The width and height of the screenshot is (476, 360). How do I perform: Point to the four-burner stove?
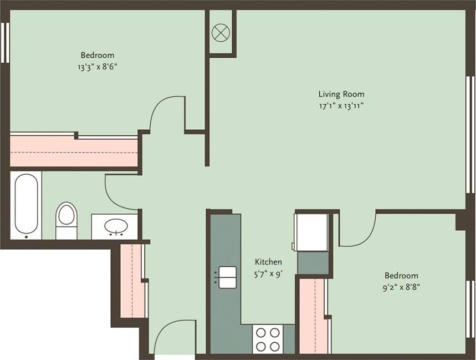pyautogui.click(x=268, y=339)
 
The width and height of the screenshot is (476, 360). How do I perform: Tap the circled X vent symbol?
pyautogui.click(x=221, y=32)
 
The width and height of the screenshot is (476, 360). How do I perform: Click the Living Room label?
pyautogui.click(x=341, y=94)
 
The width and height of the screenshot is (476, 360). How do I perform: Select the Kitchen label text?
pyautogui.click(x=268, y=262)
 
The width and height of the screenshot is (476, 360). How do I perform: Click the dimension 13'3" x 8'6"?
pyautogui.click(x=98, y=66)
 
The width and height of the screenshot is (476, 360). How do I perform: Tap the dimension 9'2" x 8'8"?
pyautogui.click(x=401, y=287)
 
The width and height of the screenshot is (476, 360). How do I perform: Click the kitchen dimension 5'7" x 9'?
pyautogui.click(x=268, y=273)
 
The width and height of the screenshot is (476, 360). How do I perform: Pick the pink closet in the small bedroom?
pyautogui.click(x=313, y=316)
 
